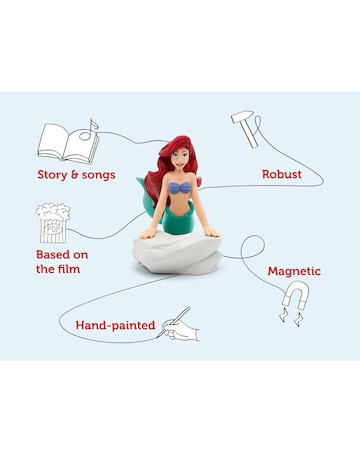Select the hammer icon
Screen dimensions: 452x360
click(245, 123)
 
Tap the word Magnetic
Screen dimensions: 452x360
click(294, 270)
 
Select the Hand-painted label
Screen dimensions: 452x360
click(116, 326)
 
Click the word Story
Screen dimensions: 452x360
click(56, 174)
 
